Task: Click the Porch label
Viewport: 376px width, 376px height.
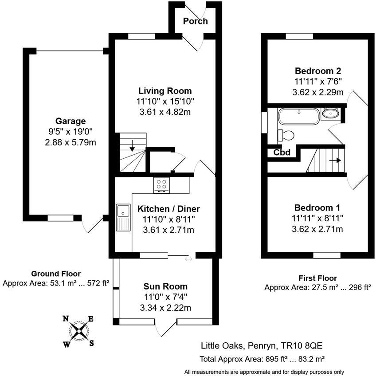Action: coord(196,21)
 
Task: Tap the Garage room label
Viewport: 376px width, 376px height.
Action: coord(70,121)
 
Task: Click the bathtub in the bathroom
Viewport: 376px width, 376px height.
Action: coord(298,117)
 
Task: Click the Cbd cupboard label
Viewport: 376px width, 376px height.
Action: coord(282,153)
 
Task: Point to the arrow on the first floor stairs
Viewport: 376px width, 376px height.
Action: coord(335,161)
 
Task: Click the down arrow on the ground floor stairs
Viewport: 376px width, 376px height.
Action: coord(132,145)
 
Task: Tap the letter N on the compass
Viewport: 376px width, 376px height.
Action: coord(65,318)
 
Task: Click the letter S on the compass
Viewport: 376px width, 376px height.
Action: coord(92,342)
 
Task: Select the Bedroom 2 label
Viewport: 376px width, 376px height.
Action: coord(317,71)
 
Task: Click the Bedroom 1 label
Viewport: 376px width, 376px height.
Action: coord(317,208)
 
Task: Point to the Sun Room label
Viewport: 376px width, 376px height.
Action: coord(165,286)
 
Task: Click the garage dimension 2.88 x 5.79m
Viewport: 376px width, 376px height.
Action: coord(70,142)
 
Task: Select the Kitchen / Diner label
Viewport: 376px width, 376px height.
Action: coord(168,209)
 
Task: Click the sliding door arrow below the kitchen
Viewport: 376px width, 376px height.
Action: coord(188,258)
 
